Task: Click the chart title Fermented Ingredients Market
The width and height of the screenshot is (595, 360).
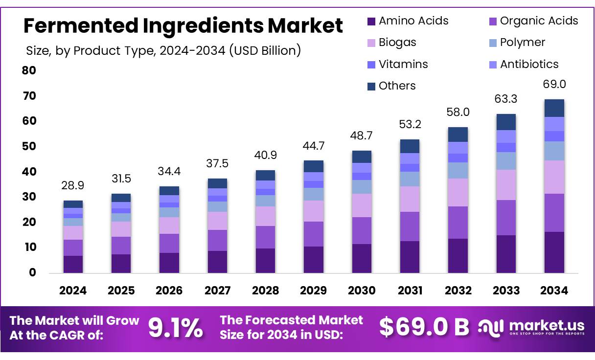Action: (183, 25)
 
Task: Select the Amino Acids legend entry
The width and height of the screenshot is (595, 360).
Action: (407, 21)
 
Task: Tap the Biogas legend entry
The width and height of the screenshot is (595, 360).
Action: (391, 43)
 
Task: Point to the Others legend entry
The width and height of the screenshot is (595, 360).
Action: (391, 86)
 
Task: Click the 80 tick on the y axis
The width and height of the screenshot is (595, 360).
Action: (29, 70)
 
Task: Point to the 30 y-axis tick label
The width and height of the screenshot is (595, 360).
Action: (29, 197)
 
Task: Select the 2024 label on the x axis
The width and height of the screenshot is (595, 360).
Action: (73, 291)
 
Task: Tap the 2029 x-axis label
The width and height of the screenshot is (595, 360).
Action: (313, 291)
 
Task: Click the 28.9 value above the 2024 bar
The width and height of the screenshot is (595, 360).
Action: (73, 186)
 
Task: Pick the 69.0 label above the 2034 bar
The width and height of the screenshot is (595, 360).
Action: (554, 84)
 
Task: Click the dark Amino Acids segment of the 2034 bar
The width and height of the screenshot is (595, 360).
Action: (554, 252)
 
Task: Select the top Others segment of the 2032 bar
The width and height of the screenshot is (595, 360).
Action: (458, 135)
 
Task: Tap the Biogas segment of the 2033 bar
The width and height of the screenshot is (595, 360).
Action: (506, 184)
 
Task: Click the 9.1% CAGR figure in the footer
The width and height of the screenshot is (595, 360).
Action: (175, 328)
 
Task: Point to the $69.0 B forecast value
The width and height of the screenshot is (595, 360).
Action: (424, 328)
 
